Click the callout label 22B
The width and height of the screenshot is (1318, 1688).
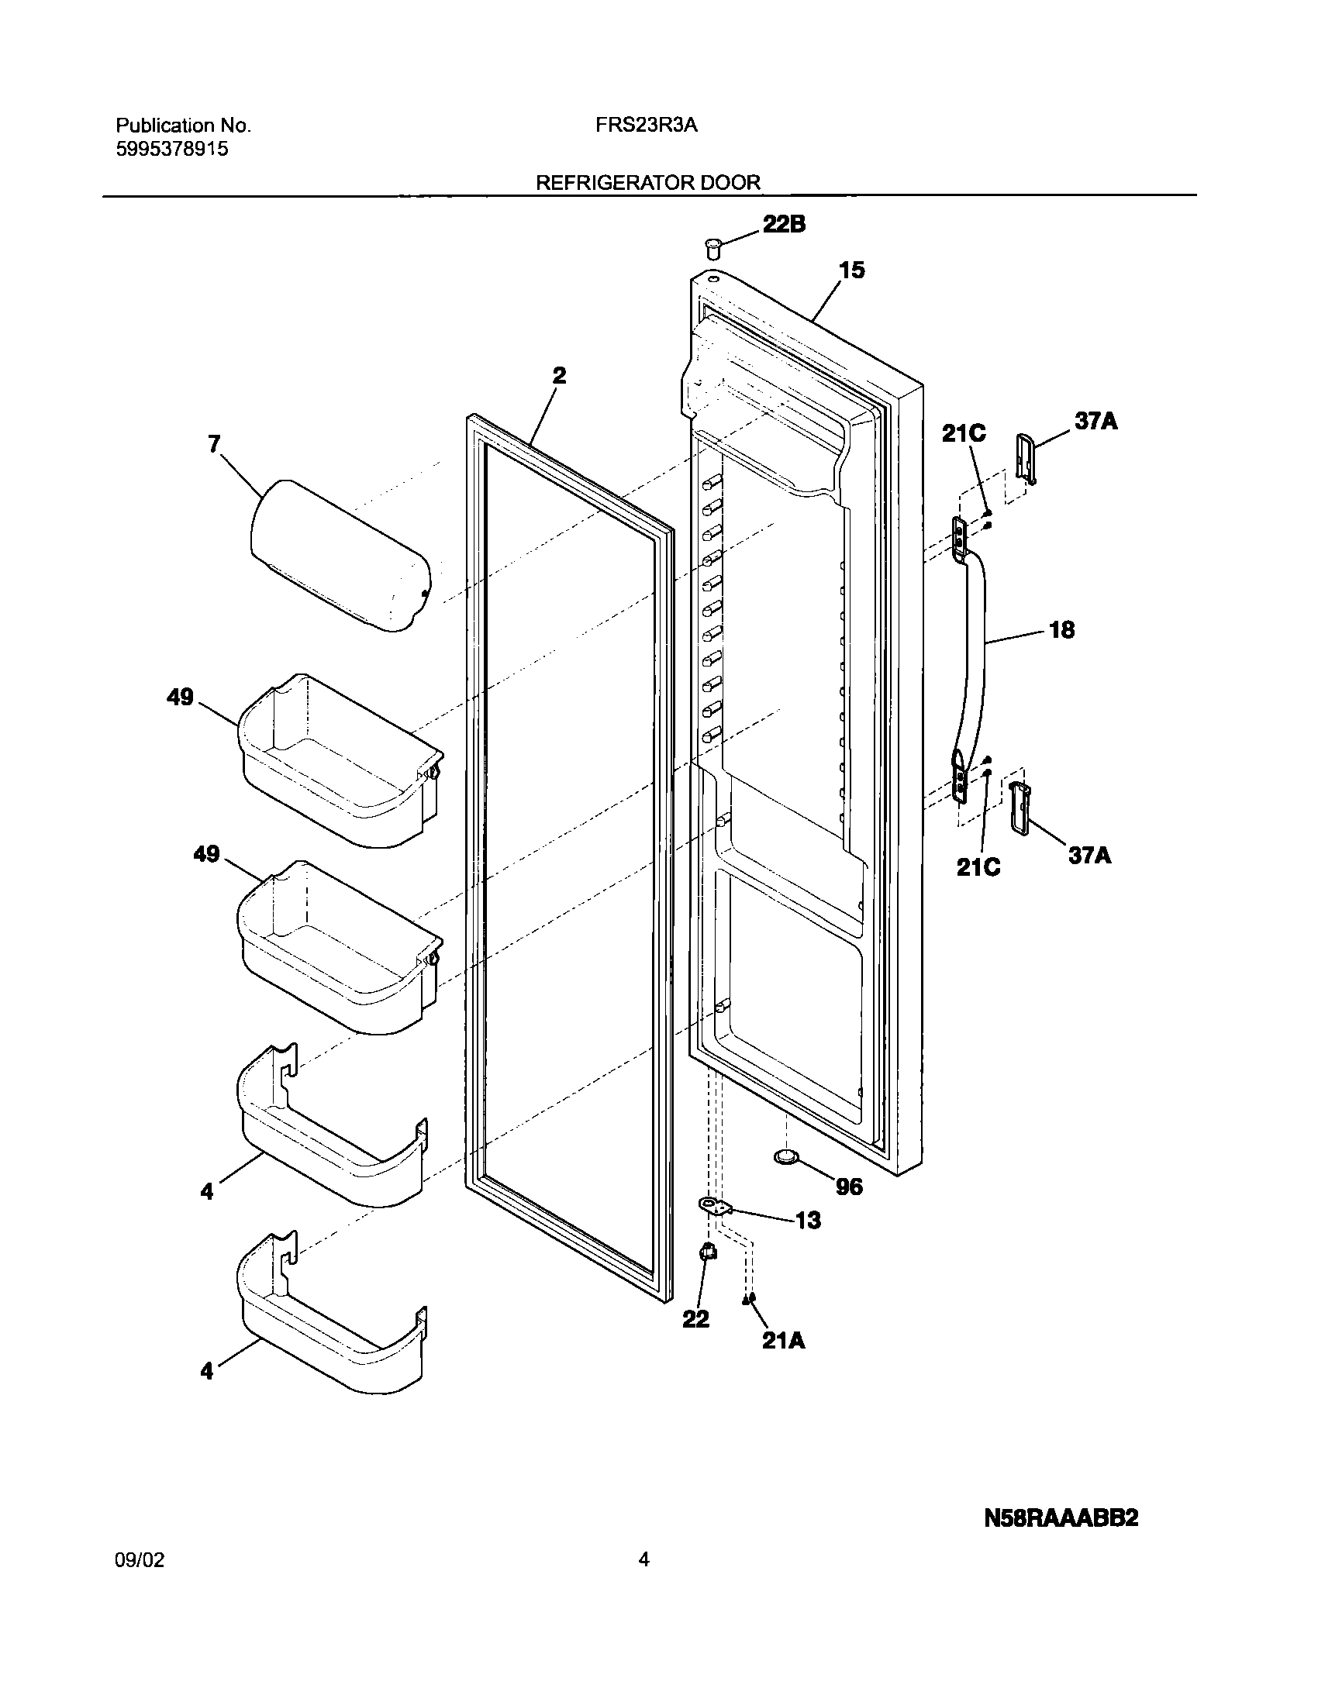[784, 225]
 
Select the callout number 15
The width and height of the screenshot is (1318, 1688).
[851, 270]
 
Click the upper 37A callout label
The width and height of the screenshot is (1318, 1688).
[1095, 422]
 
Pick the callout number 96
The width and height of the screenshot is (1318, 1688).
[850, 1187]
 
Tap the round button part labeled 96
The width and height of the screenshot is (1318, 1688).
[787, 1179]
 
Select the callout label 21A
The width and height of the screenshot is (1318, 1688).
[784, 1342]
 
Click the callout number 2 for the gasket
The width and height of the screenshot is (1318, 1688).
[559, 376]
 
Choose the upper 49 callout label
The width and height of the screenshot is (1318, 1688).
[180, 698]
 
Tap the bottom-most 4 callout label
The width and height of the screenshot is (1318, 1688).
[206, 1371]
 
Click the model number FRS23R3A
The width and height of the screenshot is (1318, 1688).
[647, 126]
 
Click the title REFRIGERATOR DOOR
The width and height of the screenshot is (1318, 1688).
[648, 183]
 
